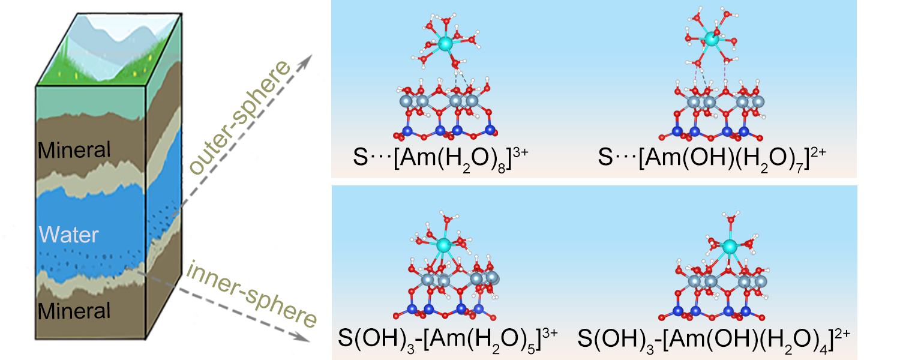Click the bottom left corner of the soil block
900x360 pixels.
36,340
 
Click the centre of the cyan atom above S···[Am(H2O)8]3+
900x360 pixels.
445,43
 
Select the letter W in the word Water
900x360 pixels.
49,235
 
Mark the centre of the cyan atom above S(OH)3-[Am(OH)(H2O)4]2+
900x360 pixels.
729,246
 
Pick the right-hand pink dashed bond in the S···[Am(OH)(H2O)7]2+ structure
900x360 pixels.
725,73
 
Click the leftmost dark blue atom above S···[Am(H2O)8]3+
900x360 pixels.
407,131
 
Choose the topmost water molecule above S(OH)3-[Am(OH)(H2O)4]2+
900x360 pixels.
731,218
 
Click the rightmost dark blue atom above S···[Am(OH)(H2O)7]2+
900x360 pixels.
744,131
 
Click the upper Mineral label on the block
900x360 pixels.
74,150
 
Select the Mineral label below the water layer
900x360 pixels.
74,311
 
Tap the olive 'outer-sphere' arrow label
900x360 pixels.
239,117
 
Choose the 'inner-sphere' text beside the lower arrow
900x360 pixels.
251,293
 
